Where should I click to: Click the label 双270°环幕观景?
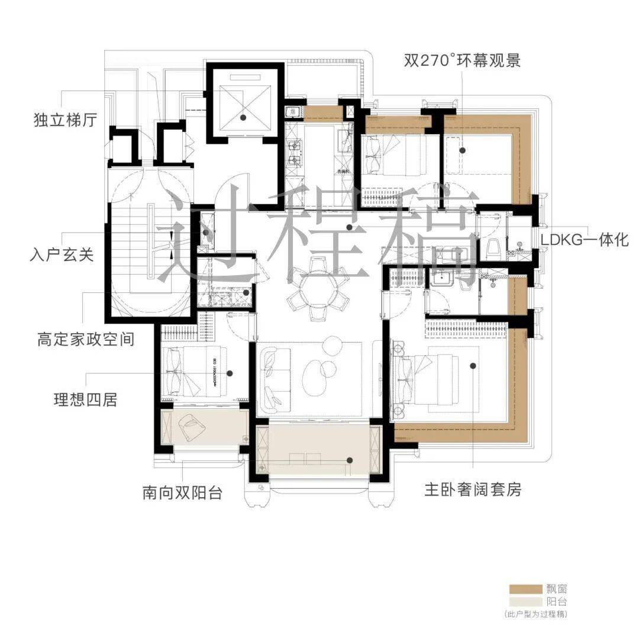(462, 60)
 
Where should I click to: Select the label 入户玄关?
(62, 257)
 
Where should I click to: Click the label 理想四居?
(85, 400)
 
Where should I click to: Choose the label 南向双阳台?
(182, 492)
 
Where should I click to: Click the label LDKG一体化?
(585, 241)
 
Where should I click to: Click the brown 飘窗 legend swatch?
(525, 589)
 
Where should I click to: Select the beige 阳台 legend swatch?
(525, 602)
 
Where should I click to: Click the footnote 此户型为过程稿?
(536, 615)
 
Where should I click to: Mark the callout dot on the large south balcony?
(350, 460)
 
